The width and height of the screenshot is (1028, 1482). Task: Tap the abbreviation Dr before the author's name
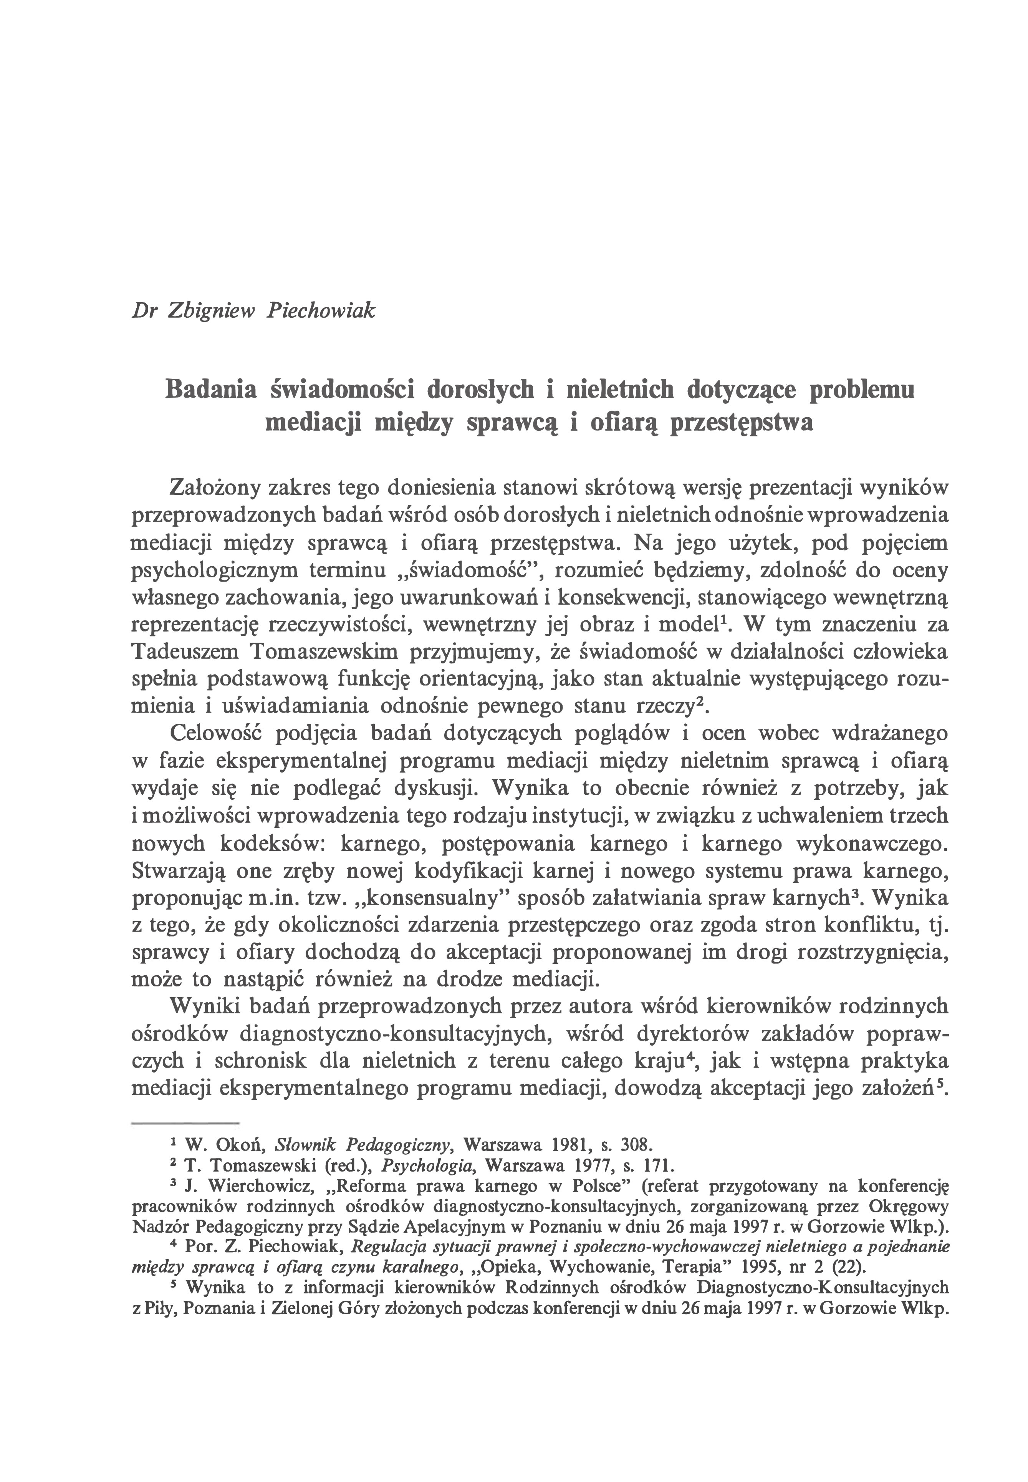141,311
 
